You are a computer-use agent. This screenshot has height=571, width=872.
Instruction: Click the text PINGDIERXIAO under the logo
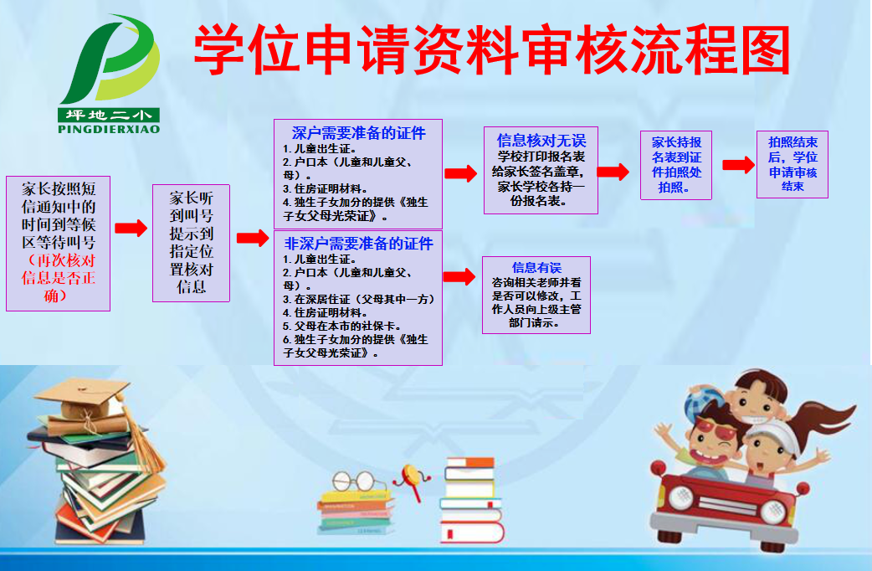[109, 129]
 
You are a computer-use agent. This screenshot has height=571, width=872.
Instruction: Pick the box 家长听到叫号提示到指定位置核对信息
[191, 243]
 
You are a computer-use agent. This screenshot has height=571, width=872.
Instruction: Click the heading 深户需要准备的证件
[358, 133]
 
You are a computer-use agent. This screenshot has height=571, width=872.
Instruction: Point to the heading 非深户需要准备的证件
[358, 244]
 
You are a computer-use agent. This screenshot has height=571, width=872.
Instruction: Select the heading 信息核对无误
[541, 141]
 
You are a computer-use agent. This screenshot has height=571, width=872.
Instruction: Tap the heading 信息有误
[536, 268]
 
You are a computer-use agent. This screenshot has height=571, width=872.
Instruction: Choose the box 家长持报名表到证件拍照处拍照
[676, 165]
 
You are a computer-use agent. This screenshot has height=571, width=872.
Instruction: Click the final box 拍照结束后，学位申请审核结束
[792, 164]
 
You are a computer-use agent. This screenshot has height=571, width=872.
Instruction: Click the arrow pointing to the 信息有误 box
[459, 278]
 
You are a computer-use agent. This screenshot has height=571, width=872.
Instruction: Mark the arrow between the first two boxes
[131, 229]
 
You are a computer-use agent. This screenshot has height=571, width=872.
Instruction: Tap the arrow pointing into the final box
[738, 165]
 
